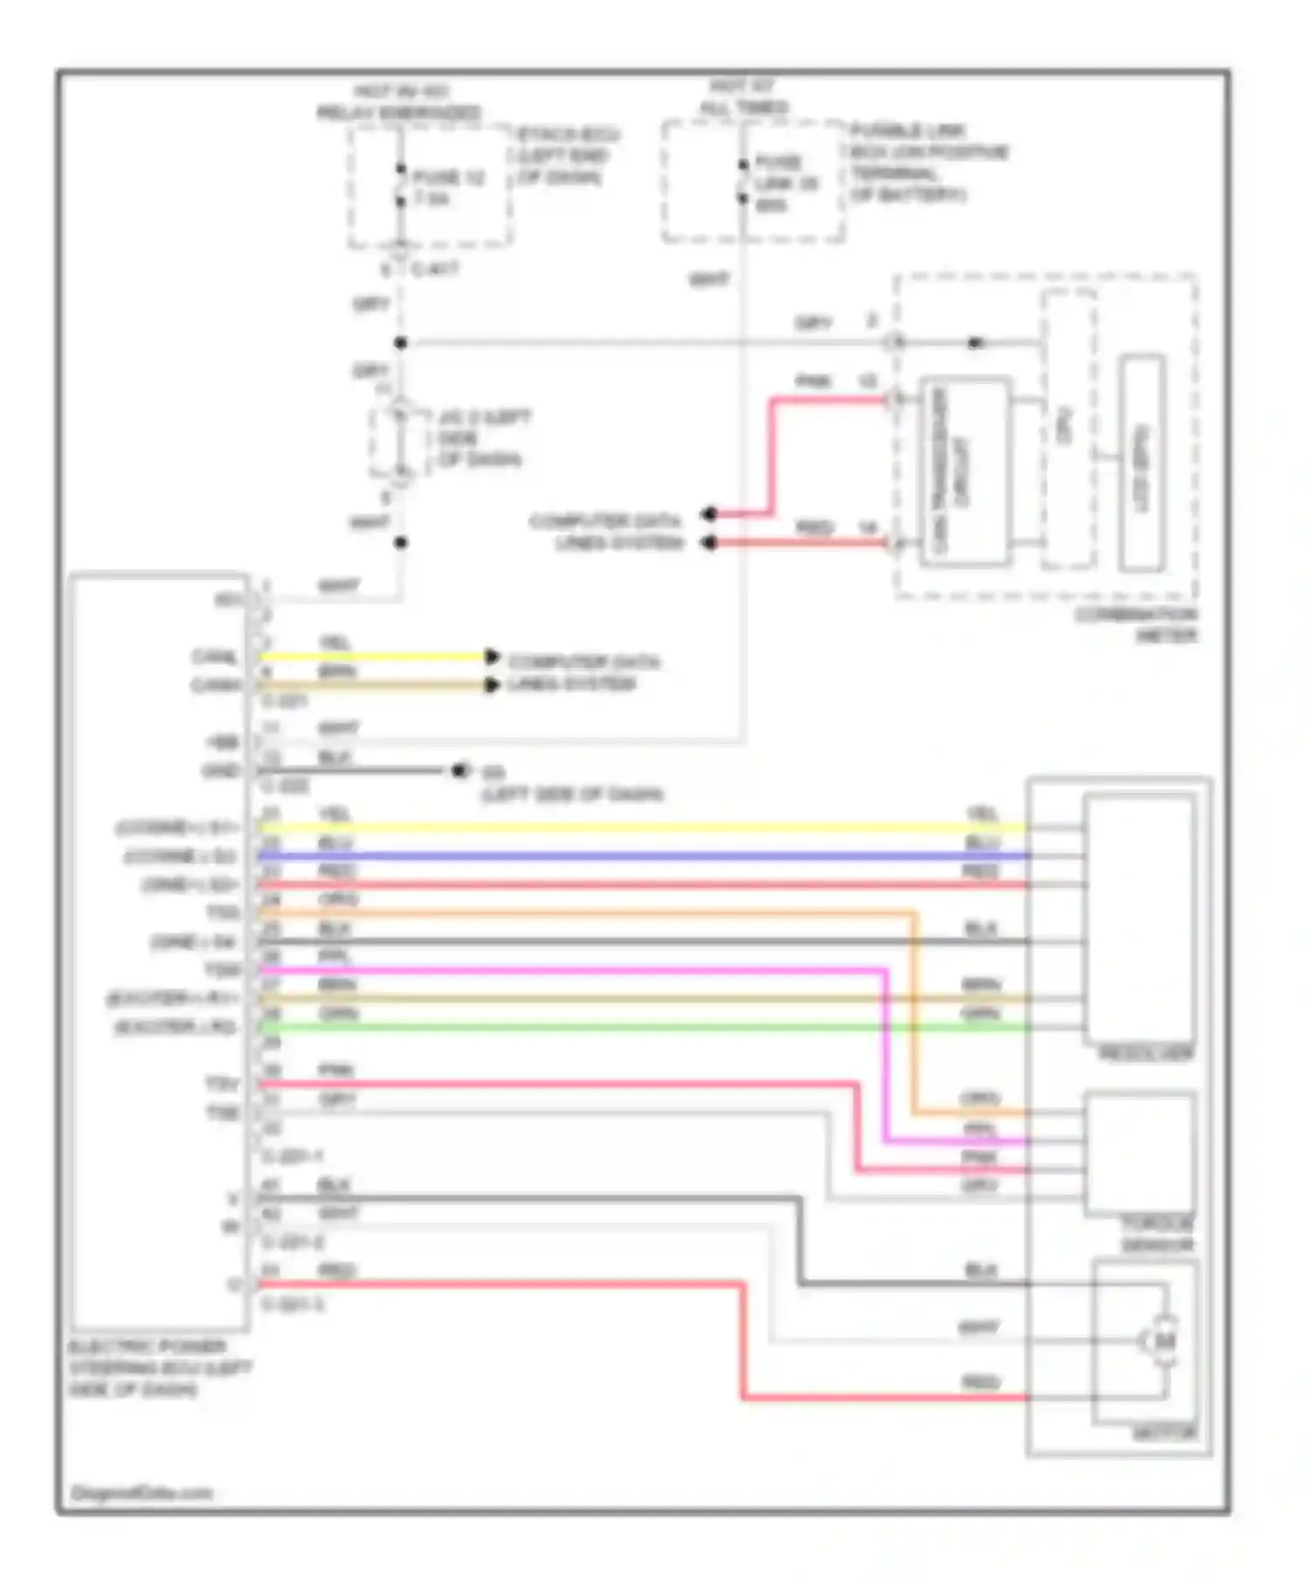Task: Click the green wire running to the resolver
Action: [x=611, y=1028]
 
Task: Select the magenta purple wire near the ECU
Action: [x=524, y=970]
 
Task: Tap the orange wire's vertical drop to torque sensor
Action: [x=914, y=1013]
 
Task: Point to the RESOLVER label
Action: [x=1145, y=1055]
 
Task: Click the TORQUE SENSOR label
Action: [x=1157, y=1234]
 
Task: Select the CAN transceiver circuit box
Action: [x=965, y=472]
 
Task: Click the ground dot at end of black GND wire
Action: [x=458, y=771]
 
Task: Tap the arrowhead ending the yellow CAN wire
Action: [x=492, y=657]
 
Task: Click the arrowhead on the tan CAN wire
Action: [x=492, y=685]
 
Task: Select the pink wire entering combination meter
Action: [x=830, y=400]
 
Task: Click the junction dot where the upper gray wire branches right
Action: [x=401, y=343]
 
